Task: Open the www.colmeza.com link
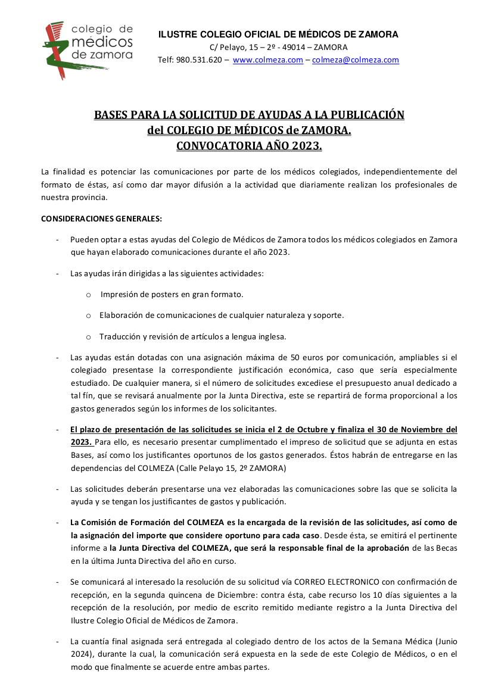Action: coord(267,60)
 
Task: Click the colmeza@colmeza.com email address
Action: coord(356,60)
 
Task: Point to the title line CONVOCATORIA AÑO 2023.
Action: coord(249,145)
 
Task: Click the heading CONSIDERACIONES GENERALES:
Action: coord(101,219)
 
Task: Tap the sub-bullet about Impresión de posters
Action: coord(172,294)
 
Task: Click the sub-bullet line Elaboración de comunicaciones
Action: coord(222,315)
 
